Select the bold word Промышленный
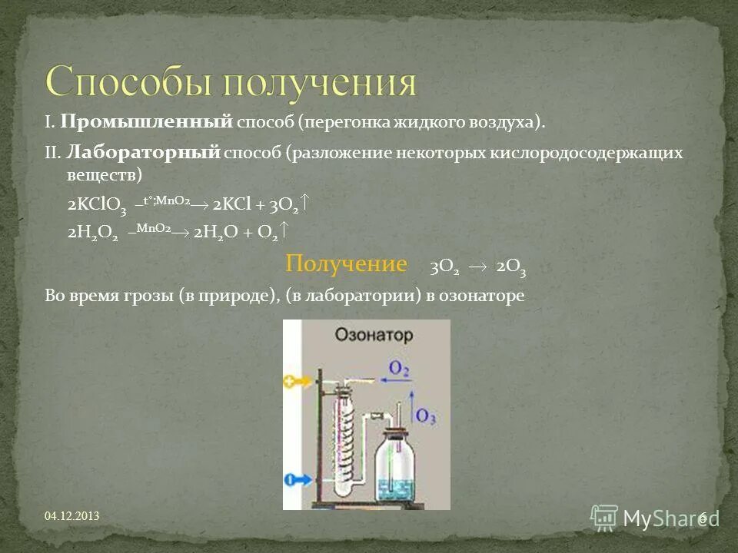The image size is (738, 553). pyautogui.click(x=146, y=121)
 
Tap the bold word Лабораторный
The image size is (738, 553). pyautogui.click(x=144, y=152)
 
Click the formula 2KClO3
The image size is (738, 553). pyautogui.click(x=96, y=204)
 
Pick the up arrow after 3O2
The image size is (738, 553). pyautogui.click(x=304, y=203)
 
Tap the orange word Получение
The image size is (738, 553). pyautogui.click(x=346, y=264)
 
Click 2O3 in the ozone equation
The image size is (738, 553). pyautogui.click(x=511, y=267)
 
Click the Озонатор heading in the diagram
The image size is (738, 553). pyautogui.click(x=373, y=336)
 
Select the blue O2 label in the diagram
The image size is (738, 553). pyautogui.click(x=398, y=369)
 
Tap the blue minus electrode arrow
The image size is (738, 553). pyautogui.click(x=295, y=478)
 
